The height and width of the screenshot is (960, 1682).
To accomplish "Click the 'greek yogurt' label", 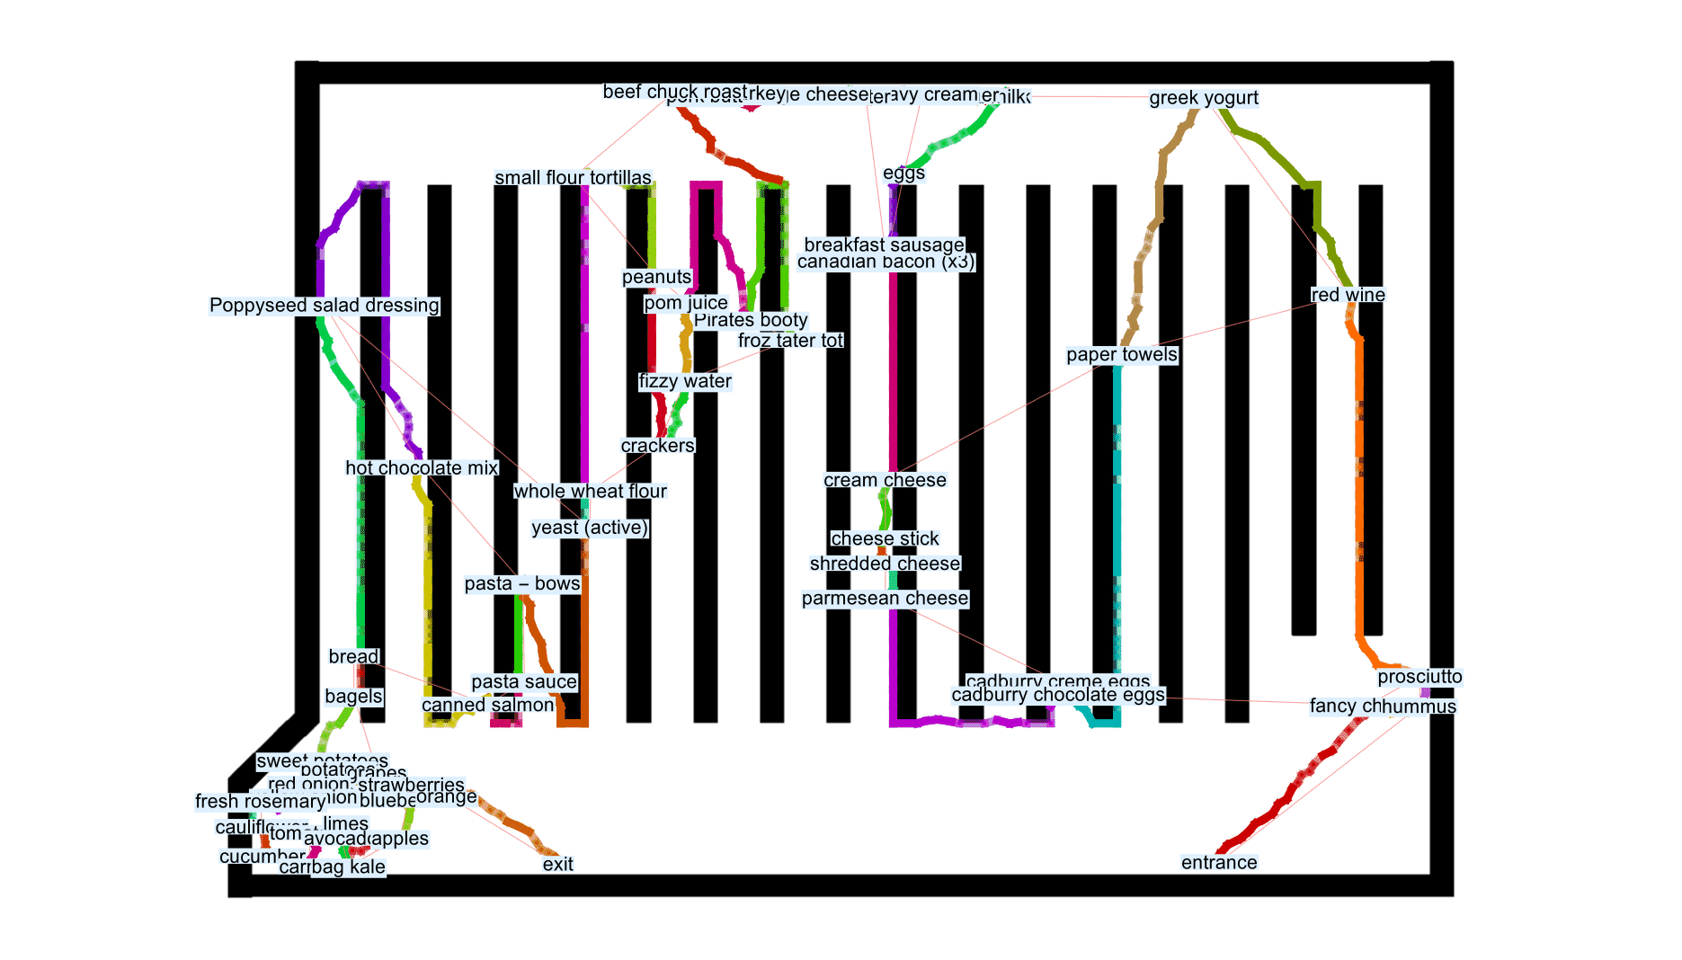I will [1203, 98].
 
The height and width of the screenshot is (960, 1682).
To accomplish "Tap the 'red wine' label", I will [1347, 295].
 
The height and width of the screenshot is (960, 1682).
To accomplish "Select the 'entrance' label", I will [1218, 863].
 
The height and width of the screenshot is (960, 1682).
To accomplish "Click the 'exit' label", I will [557, 865].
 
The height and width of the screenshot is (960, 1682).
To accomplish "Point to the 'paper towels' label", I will [1121, 355].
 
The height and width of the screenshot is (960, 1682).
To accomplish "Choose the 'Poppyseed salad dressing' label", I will [324, 306].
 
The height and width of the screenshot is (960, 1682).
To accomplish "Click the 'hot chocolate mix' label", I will [421, 468].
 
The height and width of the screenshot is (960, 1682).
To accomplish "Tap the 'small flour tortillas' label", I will [573, 178].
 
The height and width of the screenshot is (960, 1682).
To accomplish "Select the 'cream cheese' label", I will [885, 481].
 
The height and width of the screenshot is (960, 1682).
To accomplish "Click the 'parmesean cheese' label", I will [885, 599].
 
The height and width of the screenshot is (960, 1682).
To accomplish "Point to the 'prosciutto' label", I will [1419, 677].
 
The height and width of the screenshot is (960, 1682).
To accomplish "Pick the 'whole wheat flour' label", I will [590, 492].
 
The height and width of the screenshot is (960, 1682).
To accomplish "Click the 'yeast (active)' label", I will [589, 528].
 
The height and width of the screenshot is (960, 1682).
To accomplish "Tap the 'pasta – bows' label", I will [521, 584].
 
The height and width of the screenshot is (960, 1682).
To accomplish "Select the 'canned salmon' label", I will [487, 706].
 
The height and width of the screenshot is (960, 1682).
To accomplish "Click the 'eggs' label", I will [903, 173].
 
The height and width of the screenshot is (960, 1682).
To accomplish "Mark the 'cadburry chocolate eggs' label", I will [1057, 696].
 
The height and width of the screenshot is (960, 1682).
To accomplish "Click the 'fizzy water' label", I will [684, 382].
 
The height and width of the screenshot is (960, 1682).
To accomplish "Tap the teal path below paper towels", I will [1117, 539].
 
